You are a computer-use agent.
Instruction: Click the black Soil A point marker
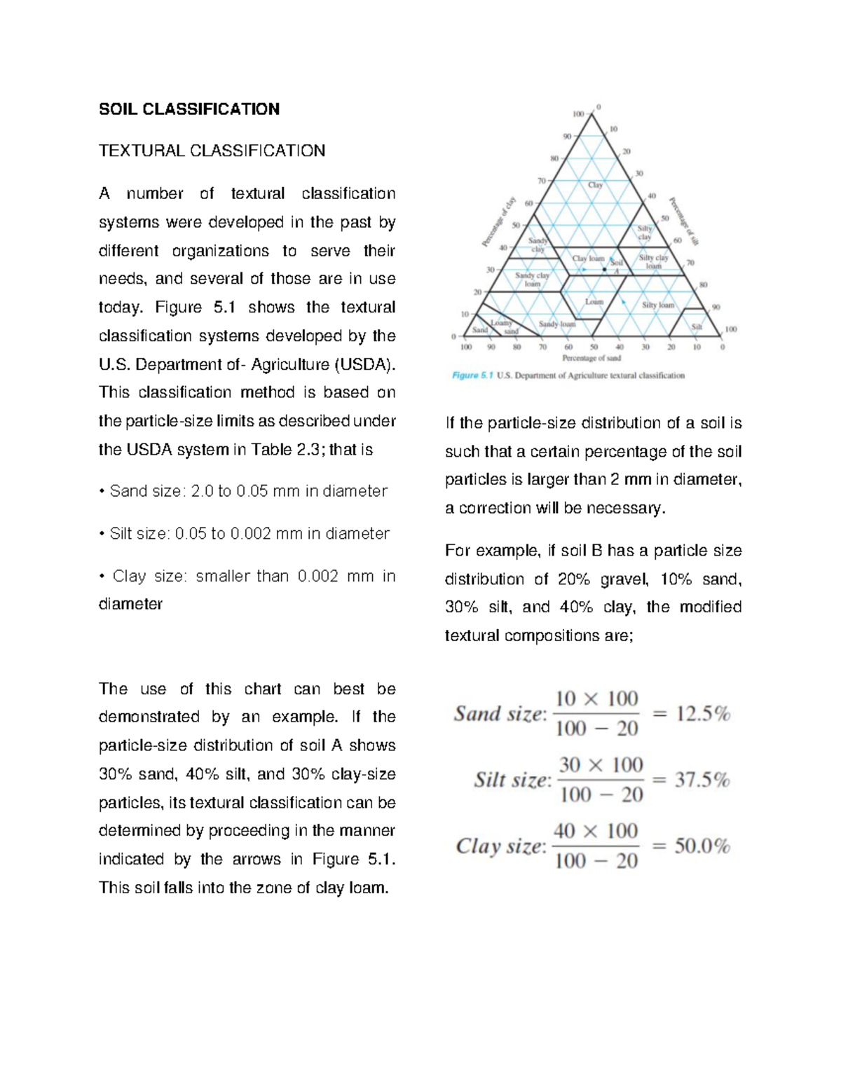point(605,269)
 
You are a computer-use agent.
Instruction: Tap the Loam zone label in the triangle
point(594,302)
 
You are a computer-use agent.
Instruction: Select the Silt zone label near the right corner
point(697,327)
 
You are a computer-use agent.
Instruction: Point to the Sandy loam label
point(557,324)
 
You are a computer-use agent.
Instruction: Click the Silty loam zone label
point(657,305)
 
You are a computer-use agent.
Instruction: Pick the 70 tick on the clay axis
point(541,181)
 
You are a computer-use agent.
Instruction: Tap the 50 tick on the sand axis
point(594,347)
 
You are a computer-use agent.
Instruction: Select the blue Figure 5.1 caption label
point(472,376)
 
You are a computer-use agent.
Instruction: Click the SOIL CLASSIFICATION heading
point(189,109)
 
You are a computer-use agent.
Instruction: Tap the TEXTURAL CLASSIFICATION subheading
point(212,151)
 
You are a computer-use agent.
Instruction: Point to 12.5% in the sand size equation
point(703,714)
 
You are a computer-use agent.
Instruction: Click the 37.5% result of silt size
point(702,780)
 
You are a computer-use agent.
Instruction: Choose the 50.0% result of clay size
point(702,846)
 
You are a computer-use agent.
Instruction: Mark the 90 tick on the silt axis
point(716,307)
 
